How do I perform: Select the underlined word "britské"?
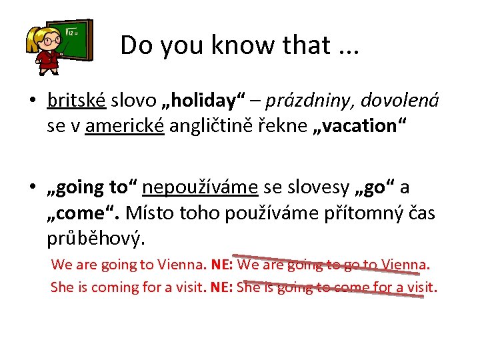(x=77, y=100)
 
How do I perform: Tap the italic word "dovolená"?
(x=403, y=100)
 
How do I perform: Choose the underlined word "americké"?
(x=125, y=125)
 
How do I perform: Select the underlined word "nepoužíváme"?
(x=200, y=188)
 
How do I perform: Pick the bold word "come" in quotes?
(x=83, y=213)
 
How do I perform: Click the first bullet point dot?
(x=31, y=101)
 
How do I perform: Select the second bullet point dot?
(x=31, y=189)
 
